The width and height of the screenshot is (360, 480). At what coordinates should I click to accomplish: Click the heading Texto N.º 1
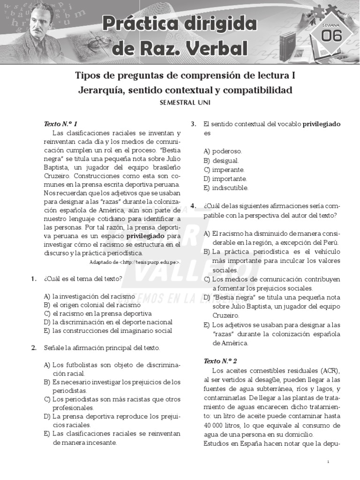(60, 124)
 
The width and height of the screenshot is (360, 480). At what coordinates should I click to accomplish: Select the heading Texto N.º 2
(220, 361)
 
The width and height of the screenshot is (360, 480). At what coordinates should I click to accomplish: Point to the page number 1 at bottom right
(329, 462)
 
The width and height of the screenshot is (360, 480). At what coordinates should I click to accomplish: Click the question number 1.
(34, 278)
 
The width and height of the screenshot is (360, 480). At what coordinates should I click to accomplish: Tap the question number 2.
(34, 348)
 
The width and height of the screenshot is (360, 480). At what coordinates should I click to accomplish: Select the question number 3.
(193, 124)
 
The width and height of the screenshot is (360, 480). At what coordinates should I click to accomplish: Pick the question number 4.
(193, 206)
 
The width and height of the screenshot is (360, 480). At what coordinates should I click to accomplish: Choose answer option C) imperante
(224, 170)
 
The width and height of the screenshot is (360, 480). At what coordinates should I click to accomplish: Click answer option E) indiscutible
(225, 188)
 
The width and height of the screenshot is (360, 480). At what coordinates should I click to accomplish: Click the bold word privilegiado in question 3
(322, 124)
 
